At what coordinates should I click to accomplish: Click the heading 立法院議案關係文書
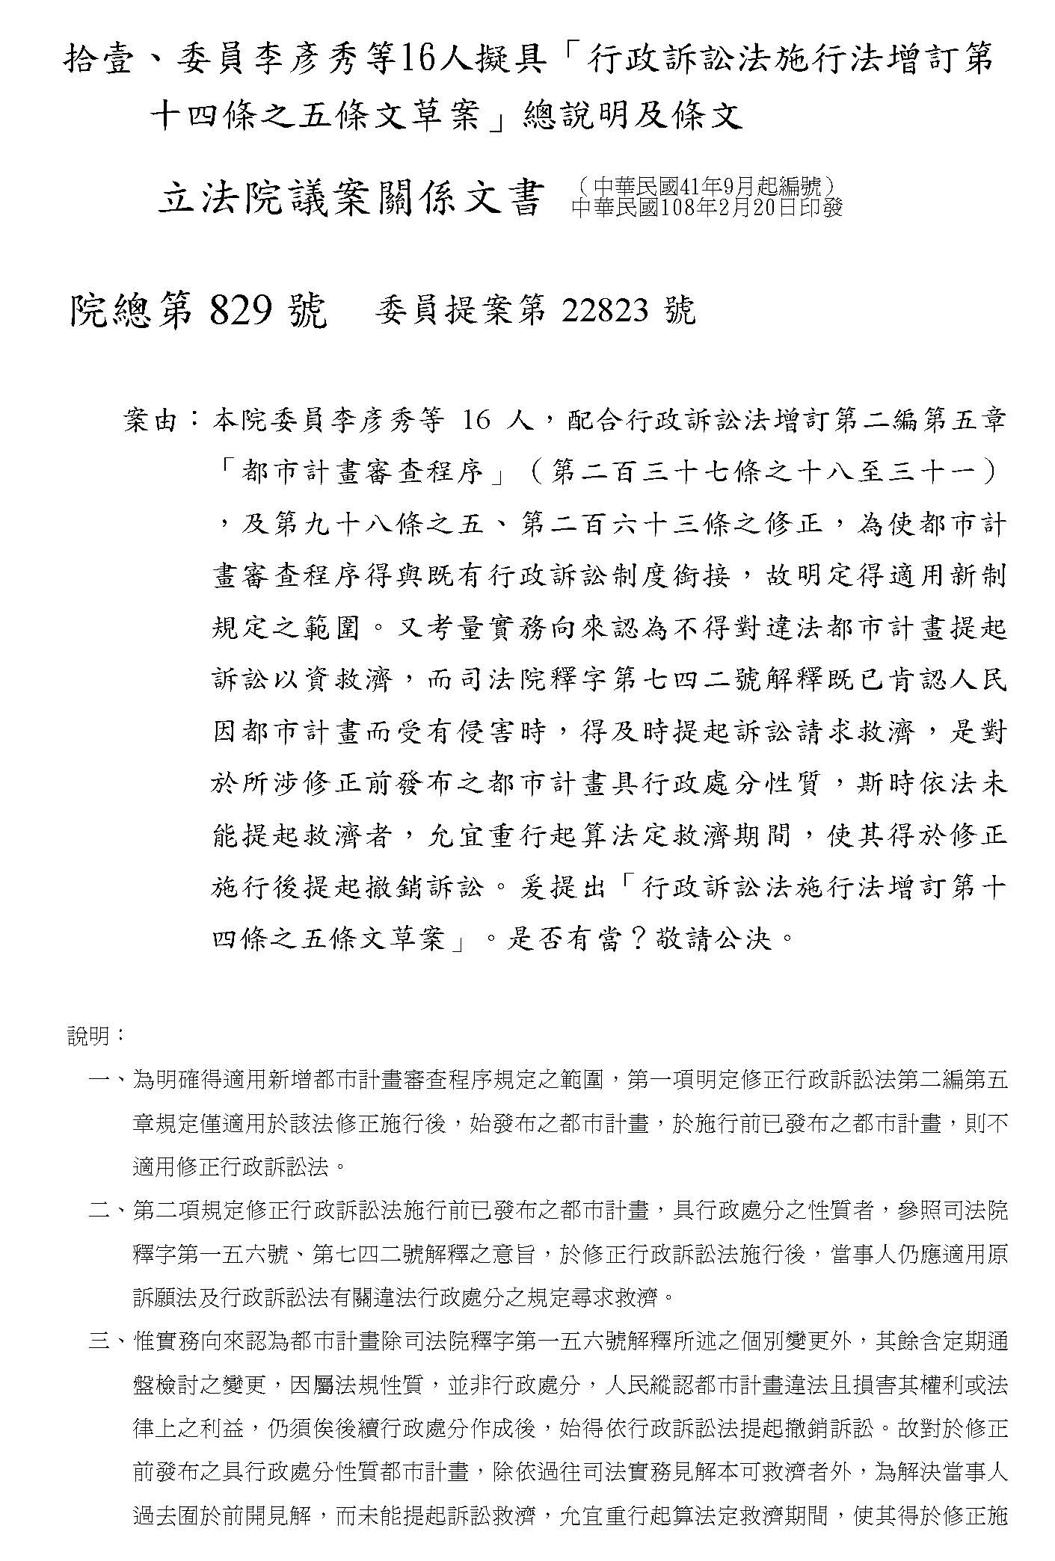pyautogui.click(x=348, y=200)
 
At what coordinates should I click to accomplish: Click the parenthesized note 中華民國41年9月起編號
pyautogui.click(x=707, y=185)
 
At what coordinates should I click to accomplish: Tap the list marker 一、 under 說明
pyautogui.click(x=109, y=1080)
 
